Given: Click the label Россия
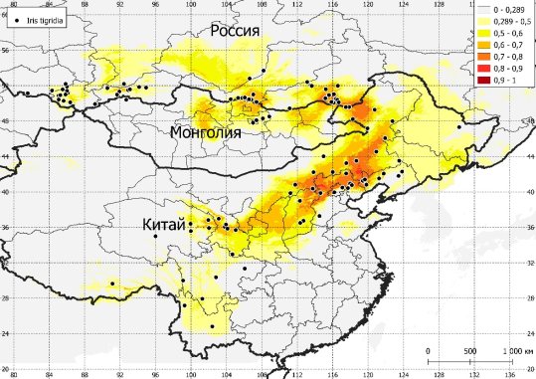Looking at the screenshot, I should (235, 34).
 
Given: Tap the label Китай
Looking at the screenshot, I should (163, 226).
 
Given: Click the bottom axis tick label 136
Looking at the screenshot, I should (511, 374).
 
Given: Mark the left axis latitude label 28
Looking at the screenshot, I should (4, 298).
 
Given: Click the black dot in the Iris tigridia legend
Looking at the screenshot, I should (19, 20).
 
